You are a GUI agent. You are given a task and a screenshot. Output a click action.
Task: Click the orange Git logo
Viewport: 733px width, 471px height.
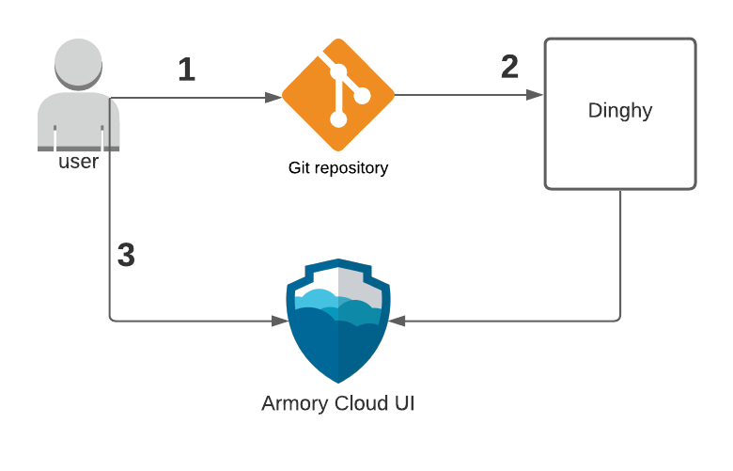click(x=338, y=95)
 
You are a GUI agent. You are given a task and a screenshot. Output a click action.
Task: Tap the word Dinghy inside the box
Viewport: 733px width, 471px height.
click(x=620, y=111)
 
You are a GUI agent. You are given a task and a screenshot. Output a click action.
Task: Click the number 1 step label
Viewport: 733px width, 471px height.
click(x=187, y=70)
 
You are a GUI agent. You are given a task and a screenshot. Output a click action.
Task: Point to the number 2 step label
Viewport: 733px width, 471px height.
click(x=510, y=67)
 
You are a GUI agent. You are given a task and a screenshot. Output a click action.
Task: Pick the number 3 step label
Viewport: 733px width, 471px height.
click(x=126, y=256)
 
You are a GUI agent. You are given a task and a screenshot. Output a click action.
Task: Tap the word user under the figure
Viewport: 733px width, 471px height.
click(x=79, y=162)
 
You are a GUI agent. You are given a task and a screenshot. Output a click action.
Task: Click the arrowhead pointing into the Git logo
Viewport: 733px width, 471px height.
click(x=276, y=96)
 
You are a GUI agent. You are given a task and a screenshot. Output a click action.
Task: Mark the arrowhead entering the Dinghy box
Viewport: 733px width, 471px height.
click(x=538, y=95)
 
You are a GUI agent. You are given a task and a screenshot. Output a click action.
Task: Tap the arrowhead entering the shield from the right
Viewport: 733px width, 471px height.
click(x=397, y=321)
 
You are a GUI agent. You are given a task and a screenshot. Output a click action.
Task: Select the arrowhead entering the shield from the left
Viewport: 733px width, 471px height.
click(x=279, y=321)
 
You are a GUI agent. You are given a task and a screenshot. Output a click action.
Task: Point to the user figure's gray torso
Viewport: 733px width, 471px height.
click(x=79, y=122)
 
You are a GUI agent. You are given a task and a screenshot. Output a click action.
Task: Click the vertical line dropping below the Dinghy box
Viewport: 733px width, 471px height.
click(x=620, y=254)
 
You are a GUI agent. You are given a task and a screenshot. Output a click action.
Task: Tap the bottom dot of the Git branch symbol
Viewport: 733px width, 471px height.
click(x=338, y=119)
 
